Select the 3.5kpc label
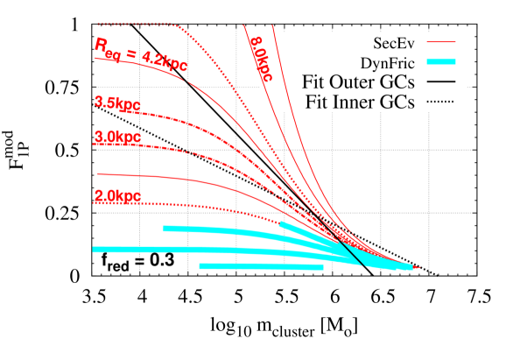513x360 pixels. tap(117, 103)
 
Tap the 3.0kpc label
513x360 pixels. tap(117, 138)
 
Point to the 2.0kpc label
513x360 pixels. tap(117, 196)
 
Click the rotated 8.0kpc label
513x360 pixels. tap(259, 59)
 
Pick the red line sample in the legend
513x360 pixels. tap(441, 41)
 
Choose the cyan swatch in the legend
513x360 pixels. tap(441, 62)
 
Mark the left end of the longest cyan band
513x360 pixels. tap(95, 250)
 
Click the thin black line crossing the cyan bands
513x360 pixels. tap(350, 252)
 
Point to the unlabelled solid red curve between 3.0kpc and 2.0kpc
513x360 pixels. tap(131, 175)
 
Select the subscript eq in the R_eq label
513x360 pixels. tap(113, 55)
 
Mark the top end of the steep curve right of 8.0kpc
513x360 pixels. tap(273, 25)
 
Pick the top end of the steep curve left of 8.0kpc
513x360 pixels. tap(242, 25)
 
